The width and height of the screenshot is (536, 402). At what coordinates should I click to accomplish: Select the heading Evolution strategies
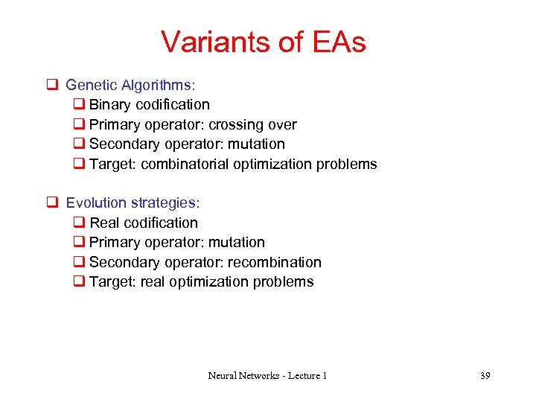[x=133, y=202]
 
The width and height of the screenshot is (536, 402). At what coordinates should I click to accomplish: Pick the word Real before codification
[x=105, y=223]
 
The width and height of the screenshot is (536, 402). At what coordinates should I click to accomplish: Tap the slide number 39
[x=485, y=376]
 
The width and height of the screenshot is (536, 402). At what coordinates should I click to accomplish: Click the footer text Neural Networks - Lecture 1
[x=267, y=376]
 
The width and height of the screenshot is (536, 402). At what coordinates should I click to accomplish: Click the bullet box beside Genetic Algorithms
[x=53, y=85]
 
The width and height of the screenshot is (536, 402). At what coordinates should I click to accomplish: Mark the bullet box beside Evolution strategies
[x=53, y=202]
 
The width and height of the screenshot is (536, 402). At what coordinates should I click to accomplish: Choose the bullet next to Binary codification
[x=80, y=105]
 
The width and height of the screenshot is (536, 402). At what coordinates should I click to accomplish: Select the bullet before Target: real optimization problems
[x=80, y=282]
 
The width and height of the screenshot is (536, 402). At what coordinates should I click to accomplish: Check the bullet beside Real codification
[x=80, y=223]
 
